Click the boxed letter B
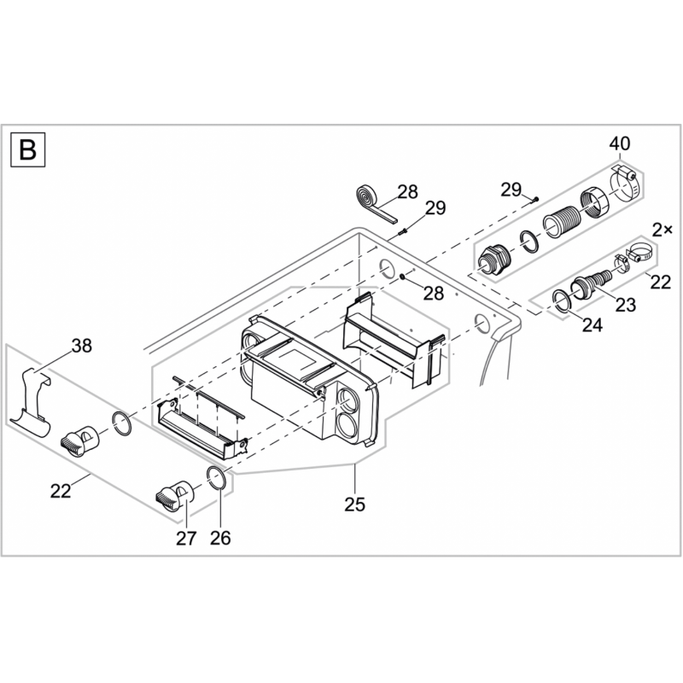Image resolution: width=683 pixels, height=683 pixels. coord(28,149)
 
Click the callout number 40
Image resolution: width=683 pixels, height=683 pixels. coord(620,143)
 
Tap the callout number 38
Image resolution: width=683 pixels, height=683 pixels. coord(82,346)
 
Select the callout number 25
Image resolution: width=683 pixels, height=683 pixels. coord(354,505)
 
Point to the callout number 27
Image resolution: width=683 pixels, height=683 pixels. coord(186,539)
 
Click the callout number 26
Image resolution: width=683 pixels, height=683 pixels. coord(220,539)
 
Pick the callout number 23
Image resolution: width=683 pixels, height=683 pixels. coord(626,305)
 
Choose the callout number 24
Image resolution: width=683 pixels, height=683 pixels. coord(593,325)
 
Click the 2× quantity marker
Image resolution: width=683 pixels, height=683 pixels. coord(663,230)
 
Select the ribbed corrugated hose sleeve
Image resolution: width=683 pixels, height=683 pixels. coord(562,222)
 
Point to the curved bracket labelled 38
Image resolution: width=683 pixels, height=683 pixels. coord(32,403)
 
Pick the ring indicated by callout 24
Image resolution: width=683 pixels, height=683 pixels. coord(562,301)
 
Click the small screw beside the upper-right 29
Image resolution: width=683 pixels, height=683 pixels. coord(535,199)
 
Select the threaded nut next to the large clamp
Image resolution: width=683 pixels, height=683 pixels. coord(594,201)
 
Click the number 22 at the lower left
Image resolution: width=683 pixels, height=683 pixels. coord(61,491)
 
